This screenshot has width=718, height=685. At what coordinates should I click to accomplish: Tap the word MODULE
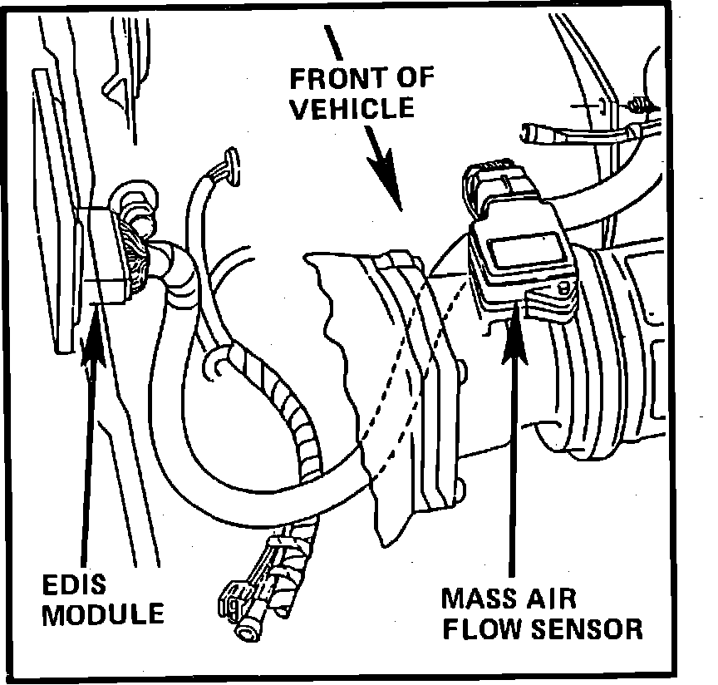pyautogui.click(x=103, y=615)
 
